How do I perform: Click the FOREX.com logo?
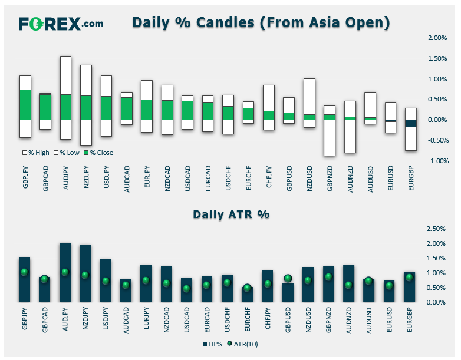[61, 24]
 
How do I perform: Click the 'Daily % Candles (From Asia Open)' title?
[261, 22]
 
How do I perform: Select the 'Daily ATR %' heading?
[231, 214]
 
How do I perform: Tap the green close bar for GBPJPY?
[25, 105]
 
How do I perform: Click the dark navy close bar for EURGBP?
[411, 123]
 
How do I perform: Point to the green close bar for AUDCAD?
[127, 108]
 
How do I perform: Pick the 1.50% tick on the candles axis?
[437, 58]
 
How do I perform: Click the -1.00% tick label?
[437, 161]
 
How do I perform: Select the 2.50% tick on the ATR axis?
[436, 229]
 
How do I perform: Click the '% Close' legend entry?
[98, 153]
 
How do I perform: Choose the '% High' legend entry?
[36, 153]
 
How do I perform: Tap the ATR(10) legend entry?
[243, 344]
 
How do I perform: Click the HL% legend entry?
[212, 344]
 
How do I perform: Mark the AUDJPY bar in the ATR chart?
[65, 272]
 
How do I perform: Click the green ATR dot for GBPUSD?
[288, 278]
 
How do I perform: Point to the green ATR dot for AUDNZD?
[348, 285]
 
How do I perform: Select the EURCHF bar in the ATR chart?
[247, 295]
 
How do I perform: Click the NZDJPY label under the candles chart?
[86, 177]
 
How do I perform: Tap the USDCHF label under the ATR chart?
[227, 320]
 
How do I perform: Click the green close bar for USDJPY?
[107, 108]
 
